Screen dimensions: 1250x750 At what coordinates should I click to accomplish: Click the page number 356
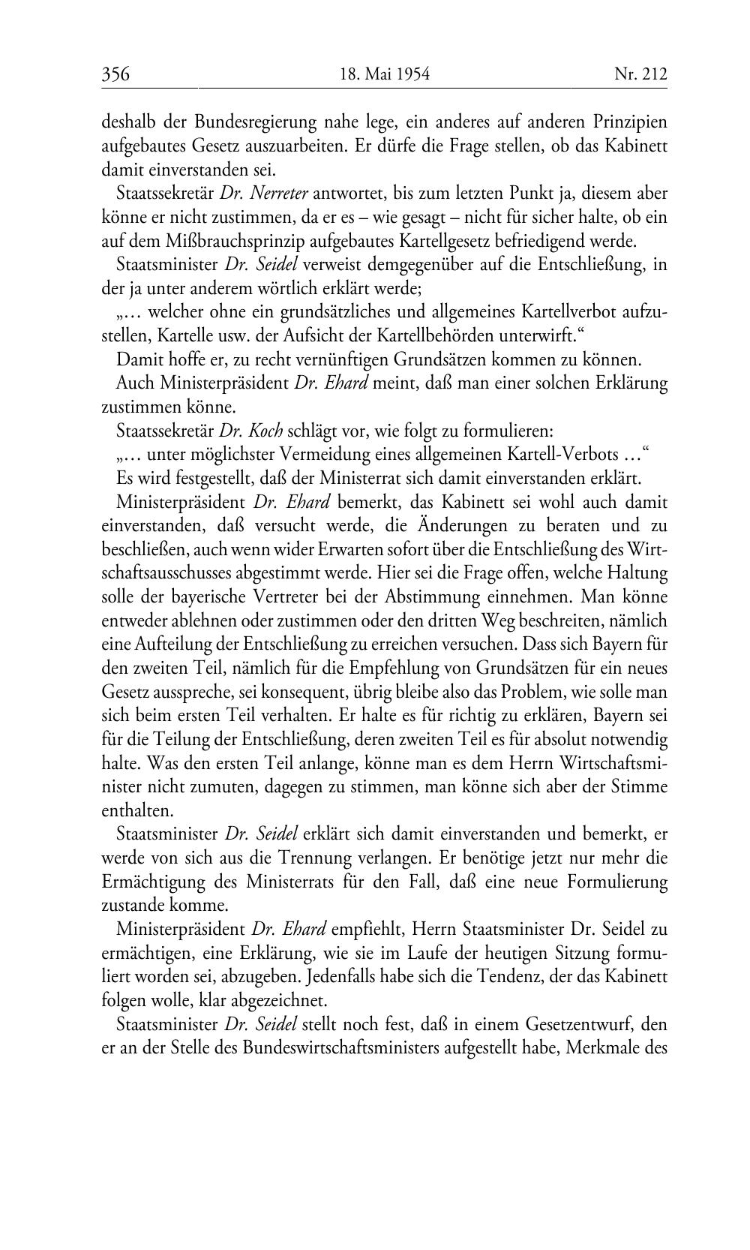pos(116,74)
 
